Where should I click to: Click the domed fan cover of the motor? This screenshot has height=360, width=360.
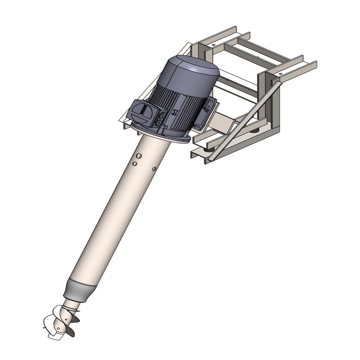tap(193, 74)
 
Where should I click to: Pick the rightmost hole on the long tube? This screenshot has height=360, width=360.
tap(154, 168)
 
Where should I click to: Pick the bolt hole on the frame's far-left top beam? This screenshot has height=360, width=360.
tap(213, 45)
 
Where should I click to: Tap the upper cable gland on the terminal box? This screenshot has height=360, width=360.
tap(162, 116)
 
